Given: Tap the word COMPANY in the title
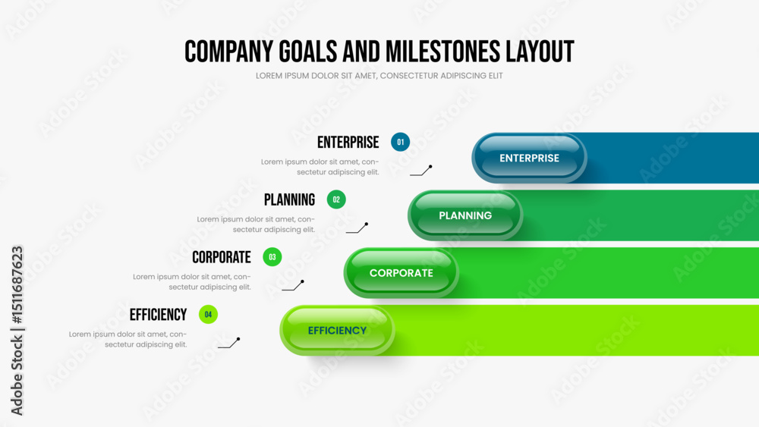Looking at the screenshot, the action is (x=229, y=52).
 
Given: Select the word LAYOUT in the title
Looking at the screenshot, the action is (x=540, y=52).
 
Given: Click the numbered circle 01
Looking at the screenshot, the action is (x=400, y=142).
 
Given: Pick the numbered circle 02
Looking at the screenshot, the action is (x=336, y=199).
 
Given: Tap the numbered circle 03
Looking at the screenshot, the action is (x=272, y=257).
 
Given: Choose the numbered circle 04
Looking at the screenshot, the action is (x=208, y=315).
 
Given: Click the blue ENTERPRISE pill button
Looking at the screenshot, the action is (x=529, y=158).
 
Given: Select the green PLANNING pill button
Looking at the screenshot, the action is (x=465, y=215).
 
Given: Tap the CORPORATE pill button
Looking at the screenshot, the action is (x=402, y=273).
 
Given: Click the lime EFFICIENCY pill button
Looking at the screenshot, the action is (x=338, y=331).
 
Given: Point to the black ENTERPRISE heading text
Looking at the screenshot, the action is (x=348, y=143).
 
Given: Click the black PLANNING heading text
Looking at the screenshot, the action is (x=289, y=199).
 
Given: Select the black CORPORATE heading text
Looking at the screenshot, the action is (x=221, y=257).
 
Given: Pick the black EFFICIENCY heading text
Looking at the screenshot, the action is (x=158, y=315).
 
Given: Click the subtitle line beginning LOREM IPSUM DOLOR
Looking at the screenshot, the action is (x=379, y=76).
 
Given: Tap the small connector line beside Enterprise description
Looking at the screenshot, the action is (x=421, y=171).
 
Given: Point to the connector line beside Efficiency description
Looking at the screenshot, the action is (x=229, y=343).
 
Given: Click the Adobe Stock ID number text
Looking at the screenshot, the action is (x=17, y=285).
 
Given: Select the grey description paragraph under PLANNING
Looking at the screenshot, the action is (x=256, y=224).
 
